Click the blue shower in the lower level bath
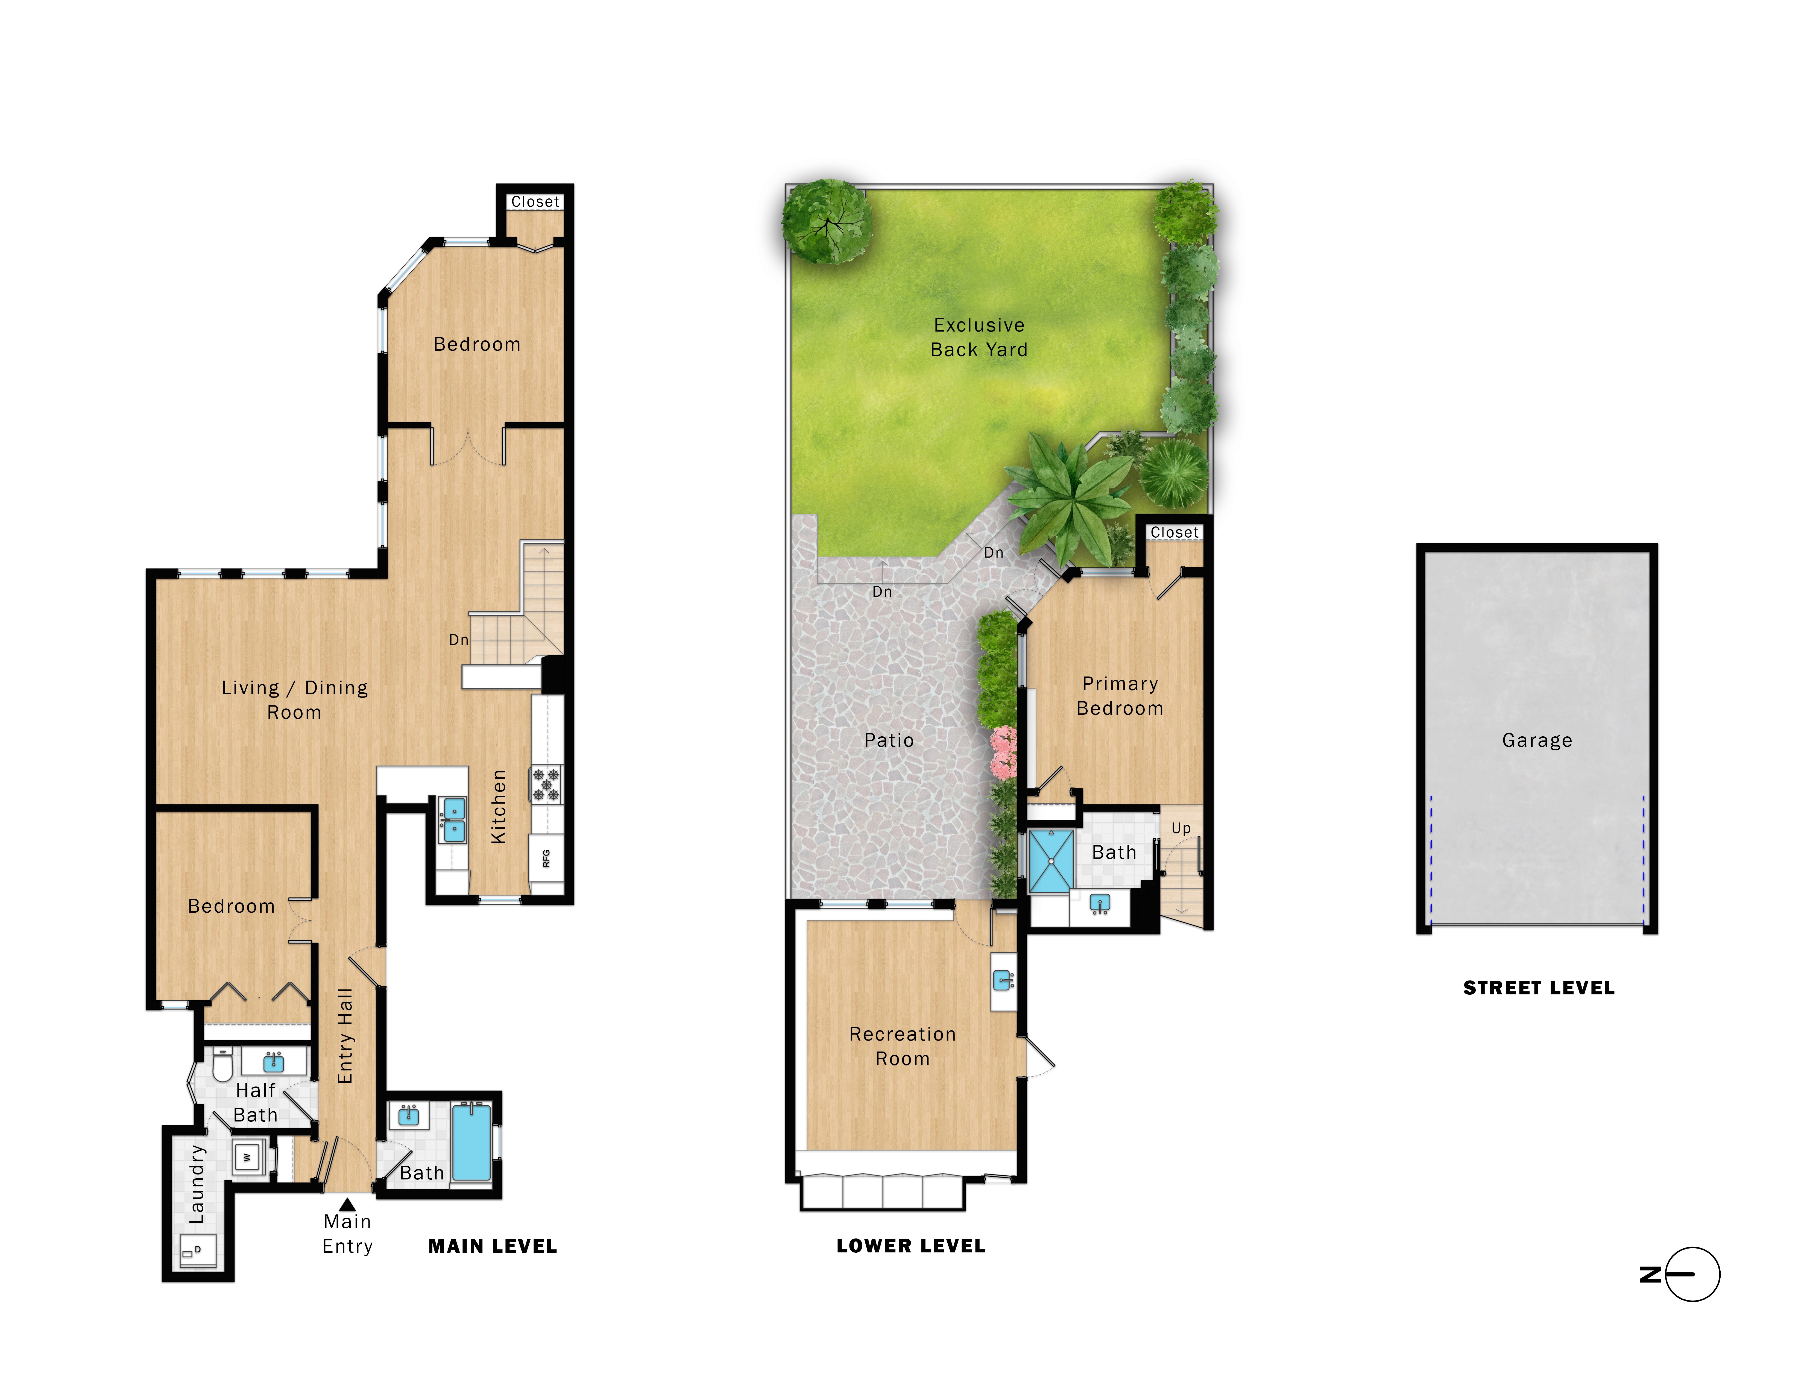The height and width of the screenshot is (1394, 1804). click(x=1052, y=861)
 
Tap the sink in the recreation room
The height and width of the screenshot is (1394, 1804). click(x=1004, y=981)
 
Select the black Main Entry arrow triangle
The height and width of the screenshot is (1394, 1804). click(x=348, y=1204)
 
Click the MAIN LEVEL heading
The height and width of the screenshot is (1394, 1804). click(x=492, y=1246)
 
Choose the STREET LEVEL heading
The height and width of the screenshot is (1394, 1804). click(x=1538, y=988)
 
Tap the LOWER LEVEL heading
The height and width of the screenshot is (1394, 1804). click(x=910, y=1246)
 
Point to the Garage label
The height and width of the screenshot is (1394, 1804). click(x=1536, y=740)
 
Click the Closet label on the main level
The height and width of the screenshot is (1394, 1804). click(x=534, y=201)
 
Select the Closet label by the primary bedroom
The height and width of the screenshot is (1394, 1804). click(x=1174, y=533)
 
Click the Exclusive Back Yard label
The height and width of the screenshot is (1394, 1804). click(x=979, y=337)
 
